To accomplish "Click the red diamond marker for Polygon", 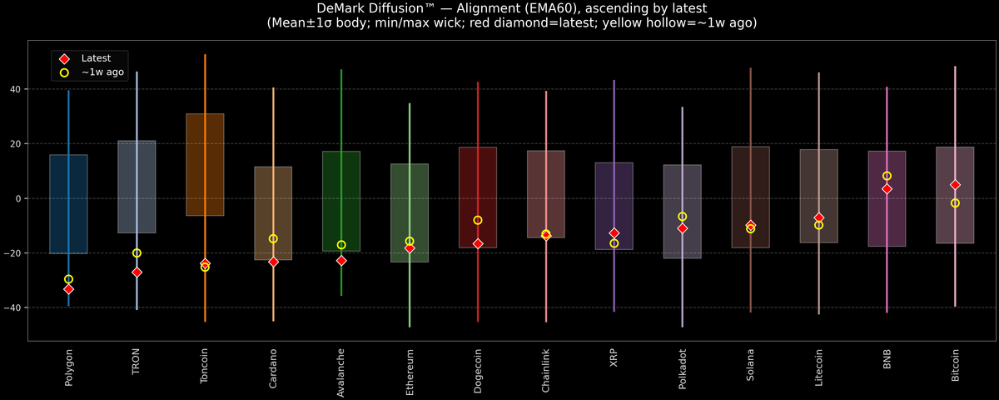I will (x=68, y=289).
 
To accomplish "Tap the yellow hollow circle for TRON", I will (x=137, y=253).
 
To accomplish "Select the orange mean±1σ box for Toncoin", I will (x=205, y=164).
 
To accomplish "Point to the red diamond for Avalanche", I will (x=341, y=261).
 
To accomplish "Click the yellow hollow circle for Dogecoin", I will (x=478, y=220).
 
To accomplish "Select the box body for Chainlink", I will (x=546, y=193).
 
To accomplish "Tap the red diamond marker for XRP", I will (x=614, y=233).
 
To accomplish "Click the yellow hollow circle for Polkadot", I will (x=683, y=217).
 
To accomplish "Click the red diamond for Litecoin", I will (x=819, y=217).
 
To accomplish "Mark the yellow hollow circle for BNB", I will (x=887, y=176).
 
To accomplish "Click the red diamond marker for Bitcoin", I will (x=956, y=185).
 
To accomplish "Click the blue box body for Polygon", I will (x=68, y=204).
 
